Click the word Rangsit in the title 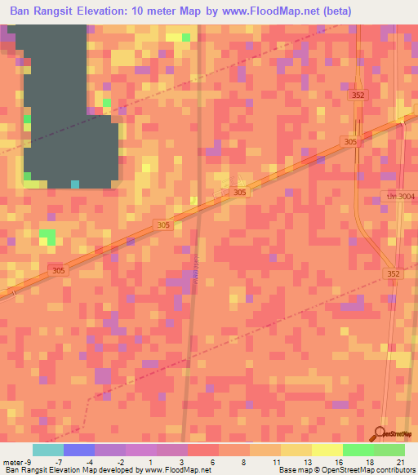click(76, 11)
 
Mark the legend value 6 click(212, 462)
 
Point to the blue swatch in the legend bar click(79, 450)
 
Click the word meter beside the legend click(13, 462)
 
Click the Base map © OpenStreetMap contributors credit click(344, 470)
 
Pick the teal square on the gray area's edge click(75, 184)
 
